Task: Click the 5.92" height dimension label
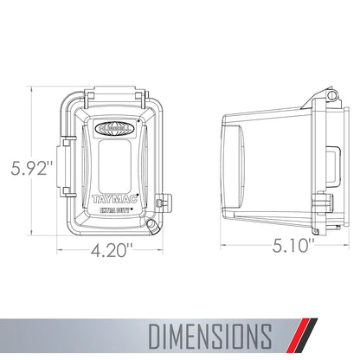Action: click(x=32, y=168)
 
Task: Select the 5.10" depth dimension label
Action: click(x=293, y=246)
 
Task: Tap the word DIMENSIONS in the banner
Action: click(x=210, y=336)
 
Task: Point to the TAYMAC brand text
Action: click(x=114, y=199)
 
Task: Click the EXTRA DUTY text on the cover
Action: click(x=114, y=210)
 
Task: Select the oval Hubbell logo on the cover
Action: click(x=114, y=127)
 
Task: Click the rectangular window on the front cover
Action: click(x=115, y=166)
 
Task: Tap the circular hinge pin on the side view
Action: click(x=332, y=94)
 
